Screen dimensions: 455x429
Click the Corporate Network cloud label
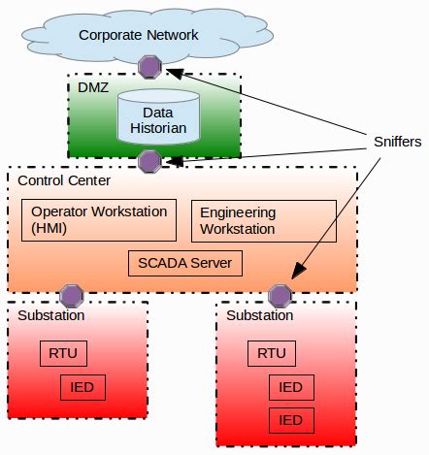tap(139, 35)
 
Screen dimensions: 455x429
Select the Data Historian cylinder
tap(150, 119)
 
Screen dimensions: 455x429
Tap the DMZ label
tap(93, 87)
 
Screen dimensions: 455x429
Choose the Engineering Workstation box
tap(263, 221)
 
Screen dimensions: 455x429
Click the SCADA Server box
tap(185, 263)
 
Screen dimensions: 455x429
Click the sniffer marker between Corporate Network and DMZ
tap(149, 66)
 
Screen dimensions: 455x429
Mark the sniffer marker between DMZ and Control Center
tap(149, 160)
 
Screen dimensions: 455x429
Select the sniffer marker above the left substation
tap(71, 294)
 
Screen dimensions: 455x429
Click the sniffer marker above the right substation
tap(280, 294)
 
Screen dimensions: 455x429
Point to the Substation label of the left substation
tap(51, 315)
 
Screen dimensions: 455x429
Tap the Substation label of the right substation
tap(259, 315)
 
